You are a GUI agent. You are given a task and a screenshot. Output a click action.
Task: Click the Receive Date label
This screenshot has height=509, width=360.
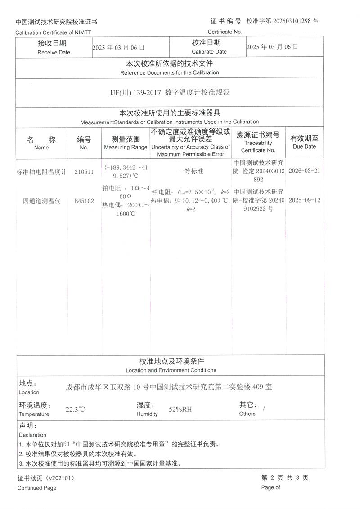(x=54, y=52)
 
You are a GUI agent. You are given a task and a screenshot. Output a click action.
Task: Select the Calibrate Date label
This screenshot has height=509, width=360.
(x=209, y=52)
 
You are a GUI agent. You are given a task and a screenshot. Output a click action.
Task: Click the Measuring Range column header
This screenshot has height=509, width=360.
(x=126, y=147)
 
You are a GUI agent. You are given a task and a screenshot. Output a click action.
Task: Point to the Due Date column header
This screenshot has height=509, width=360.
(x=304, y=146)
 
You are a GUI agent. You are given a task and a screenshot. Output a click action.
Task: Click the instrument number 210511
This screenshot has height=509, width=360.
(x=84, y=171)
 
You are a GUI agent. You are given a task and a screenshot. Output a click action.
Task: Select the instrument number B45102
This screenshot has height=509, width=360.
(x=84, y=201)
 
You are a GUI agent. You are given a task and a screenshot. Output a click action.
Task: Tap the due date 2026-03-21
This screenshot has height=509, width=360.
(x=304, y=171)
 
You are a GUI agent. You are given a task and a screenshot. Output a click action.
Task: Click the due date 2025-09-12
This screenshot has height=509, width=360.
(x=304, y=200)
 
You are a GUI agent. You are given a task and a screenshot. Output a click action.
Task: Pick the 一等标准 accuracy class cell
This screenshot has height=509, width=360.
(x=191, y=171)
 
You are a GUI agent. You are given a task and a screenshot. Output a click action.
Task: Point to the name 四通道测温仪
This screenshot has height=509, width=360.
(x=41, y=201)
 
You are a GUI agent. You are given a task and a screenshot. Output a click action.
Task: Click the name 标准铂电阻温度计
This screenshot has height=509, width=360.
(x=41, y=171)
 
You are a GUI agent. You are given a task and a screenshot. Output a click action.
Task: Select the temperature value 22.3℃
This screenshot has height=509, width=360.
(x=75, y=410)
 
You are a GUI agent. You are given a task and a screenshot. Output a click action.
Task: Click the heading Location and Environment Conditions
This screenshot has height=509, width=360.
(x=171, y=370)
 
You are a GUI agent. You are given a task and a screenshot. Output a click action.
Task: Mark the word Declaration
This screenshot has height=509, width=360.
(x=32, y=435)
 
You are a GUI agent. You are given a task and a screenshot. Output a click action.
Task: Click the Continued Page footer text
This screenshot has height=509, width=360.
(x=37, y=488)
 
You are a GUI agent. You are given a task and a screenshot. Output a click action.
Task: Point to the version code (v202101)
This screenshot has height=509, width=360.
(x=60, y=478)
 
